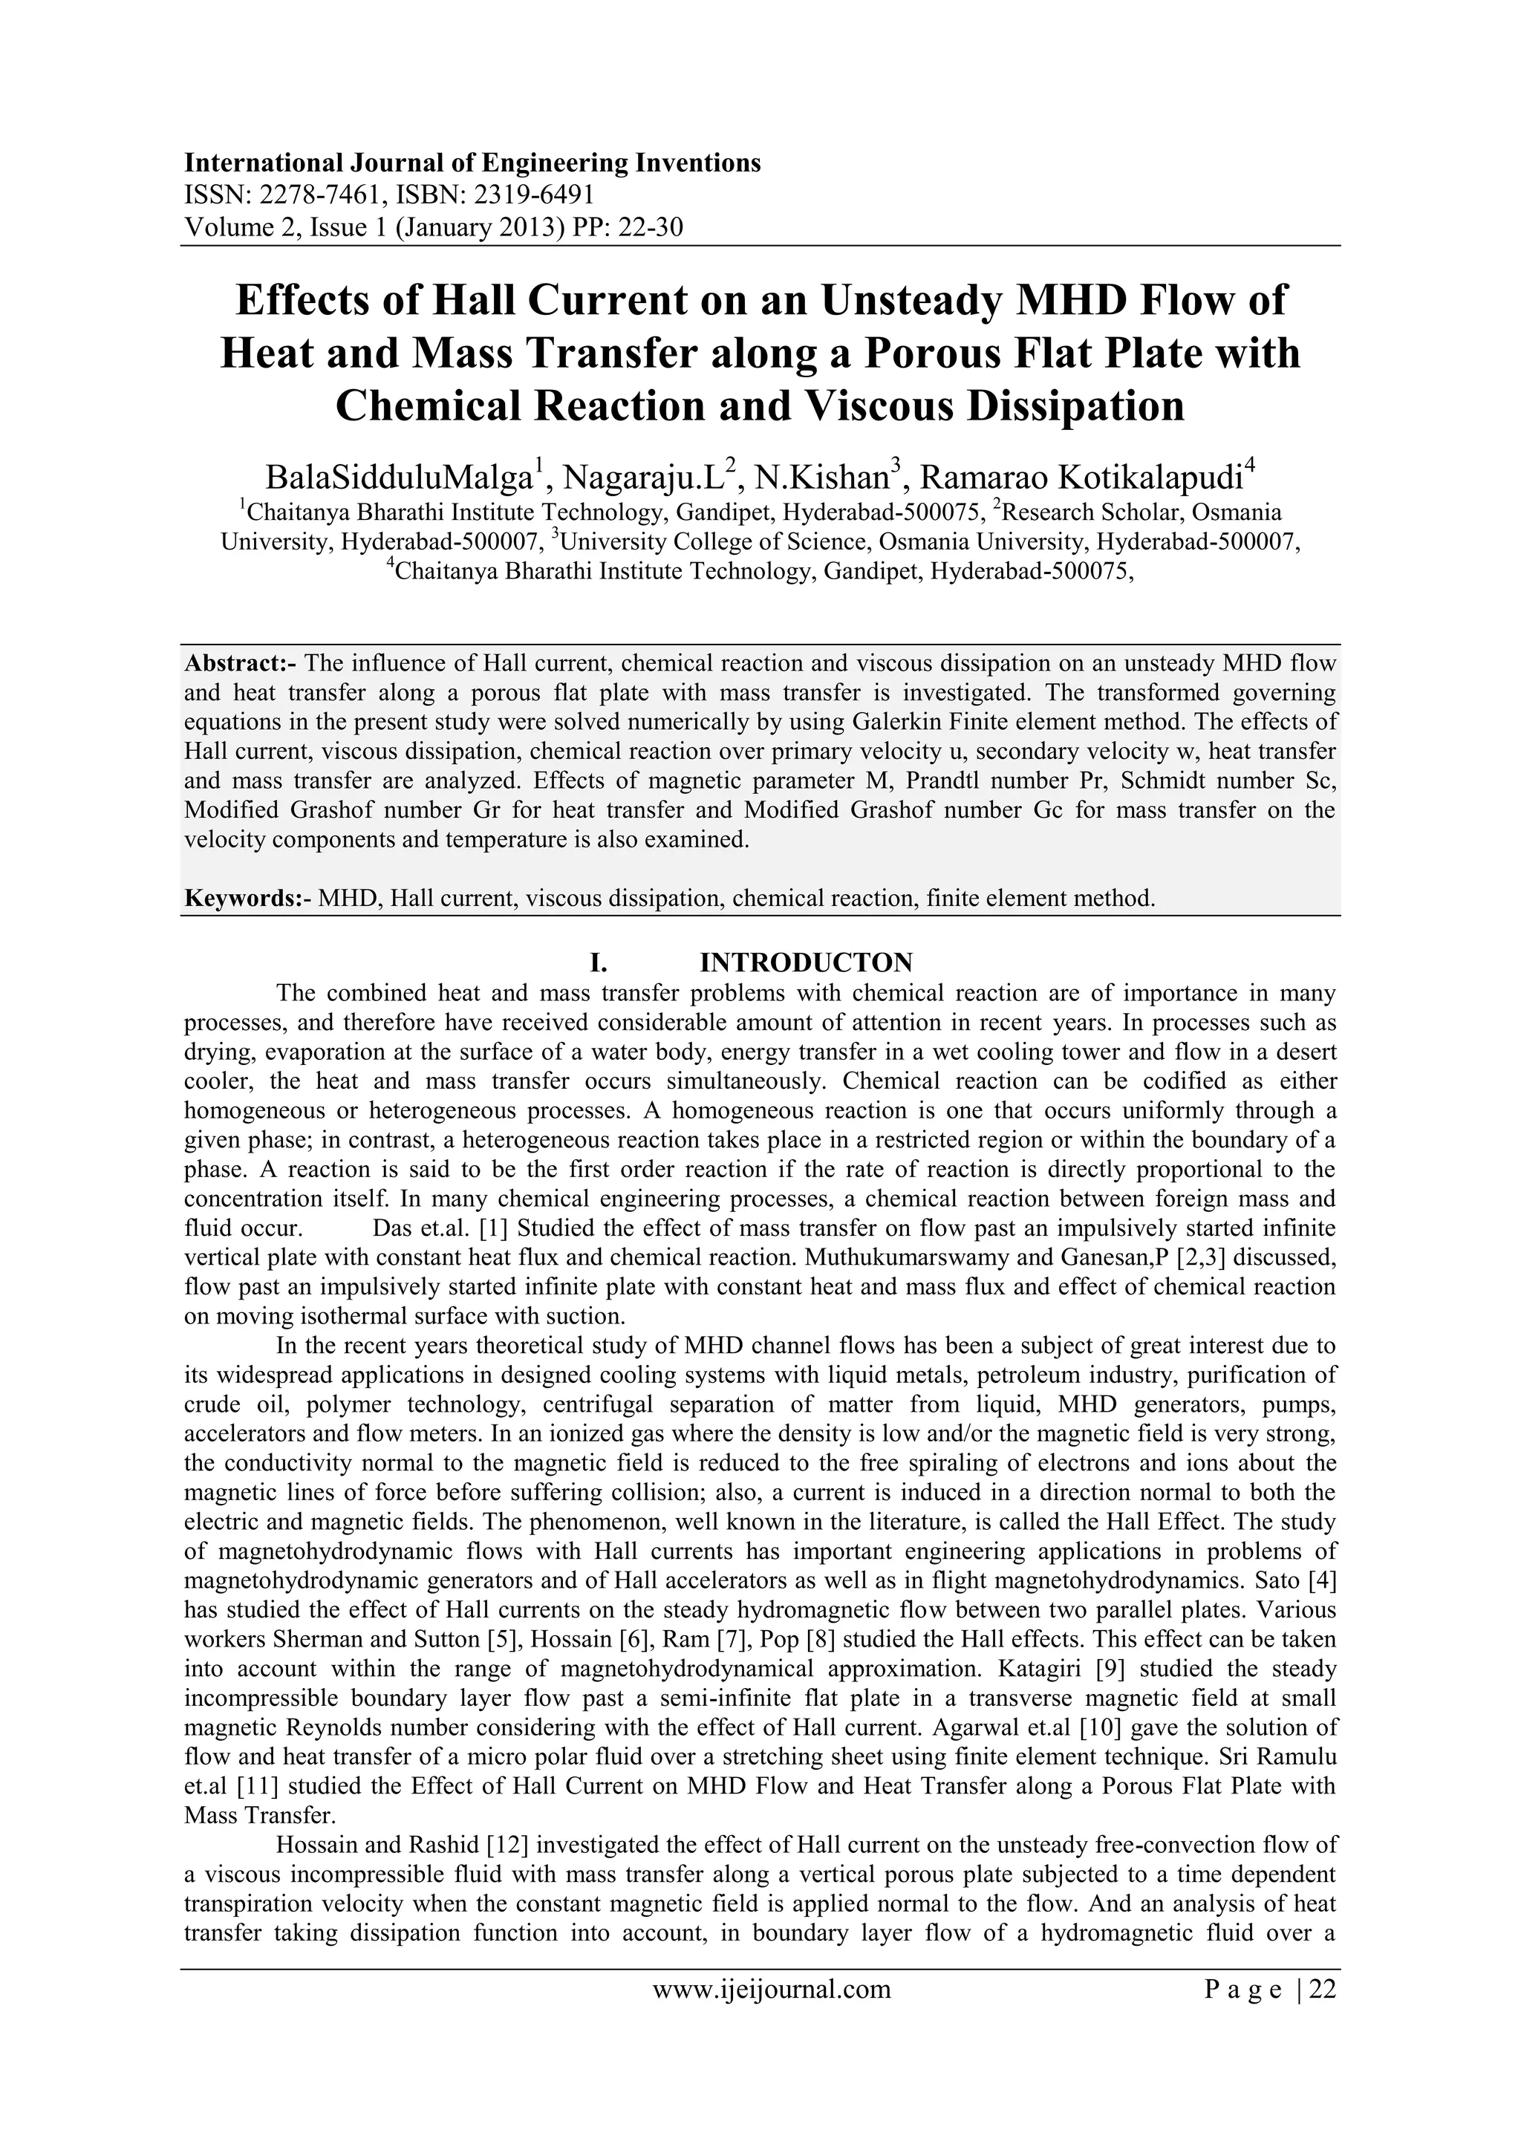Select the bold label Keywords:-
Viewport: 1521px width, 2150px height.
tap(247, 899)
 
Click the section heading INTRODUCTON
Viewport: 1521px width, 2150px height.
tap(807, 962)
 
